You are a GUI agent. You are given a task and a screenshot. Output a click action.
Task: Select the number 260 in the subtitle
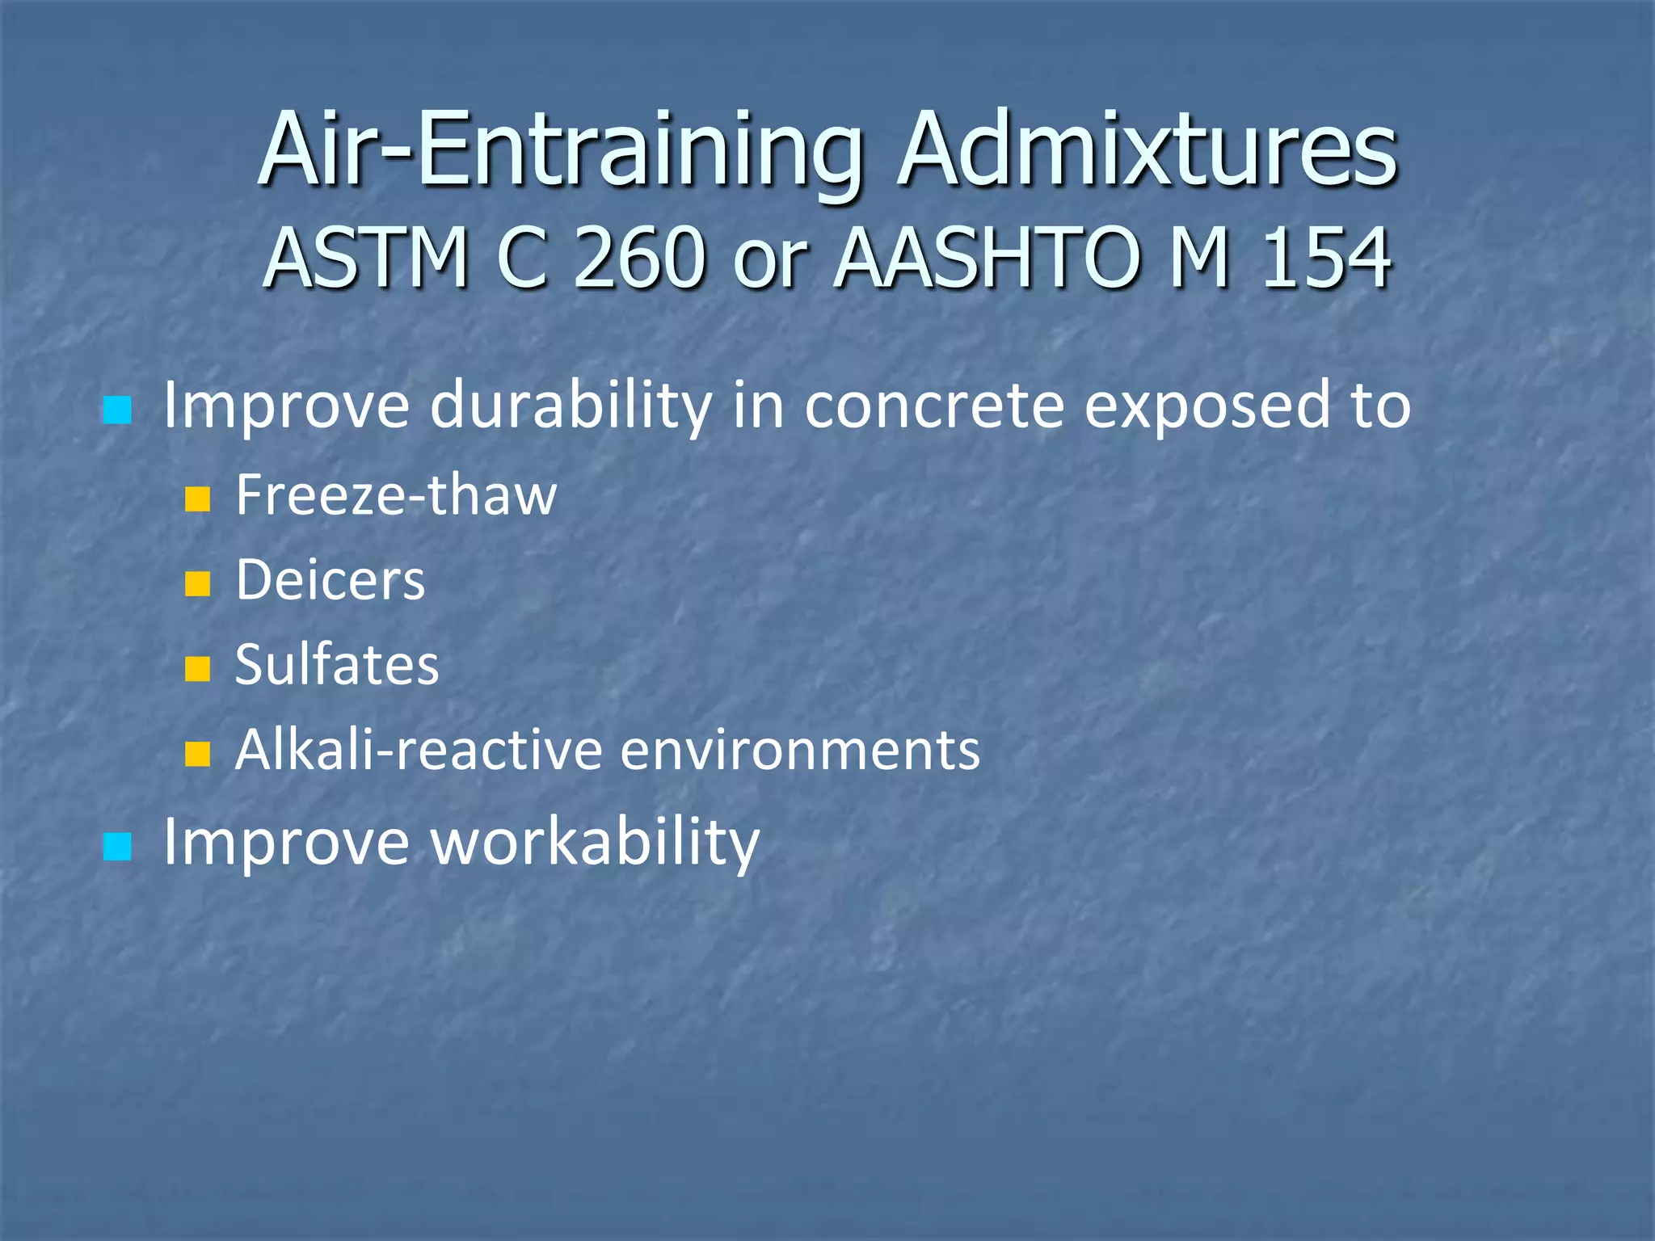coord(638,259)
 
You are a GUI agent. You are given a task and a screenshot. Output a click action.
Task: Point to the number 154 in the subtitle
coord(1326,259)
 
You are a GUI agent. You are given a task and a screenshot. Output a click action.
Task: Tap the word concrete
coord(934,406)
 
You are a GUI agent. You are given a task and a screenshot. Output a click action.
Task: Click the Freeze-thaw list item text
coord(396,495)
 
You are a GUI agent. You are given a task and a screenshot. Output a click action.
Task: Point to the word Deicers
coord(330,581)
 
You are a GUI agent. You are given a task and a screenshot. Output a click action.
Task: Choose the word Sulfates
coord(337,666)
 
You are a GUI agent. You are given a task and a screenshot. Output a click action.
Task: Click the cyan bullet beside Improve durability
coord(118,410)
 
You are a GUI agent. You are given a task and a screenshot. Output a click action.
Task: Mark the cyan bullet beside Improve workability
coord(118,848)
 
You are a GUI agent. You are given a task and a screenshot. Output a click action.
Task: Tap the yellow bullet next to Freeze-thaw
coord(197,499)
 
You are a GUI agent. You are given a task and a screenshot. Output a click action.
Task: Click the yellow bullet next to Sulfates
coord(197,669)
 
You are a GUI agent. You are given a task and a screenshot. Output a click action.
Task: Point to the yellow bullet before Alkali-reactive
coord(197,754)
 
